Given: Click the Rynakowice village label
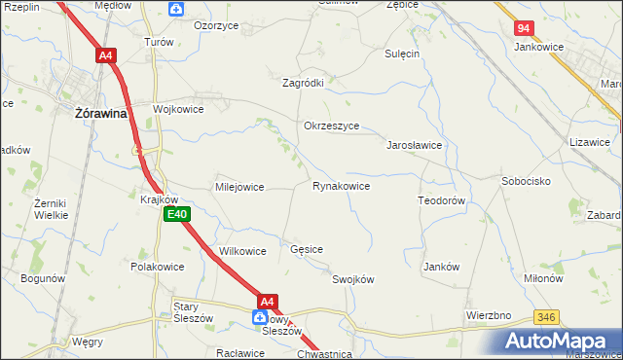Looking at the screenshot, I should (x=340, y=186).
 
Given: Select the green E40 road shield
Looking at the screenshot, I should (x=175, y=214).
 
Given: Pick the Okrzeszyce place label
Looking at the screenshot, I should (x=332, y=126).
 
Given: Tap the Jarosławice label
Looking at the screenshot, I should (x=415, y=144).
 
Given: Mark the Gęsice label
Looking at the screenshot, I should (x=307, y=250).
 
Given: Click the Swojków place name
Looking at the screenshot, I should (x=353, y=279).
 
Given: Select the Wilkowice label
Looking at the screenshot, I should (x=242, y=251).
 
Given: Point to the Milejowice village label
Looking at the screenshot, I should (x=239, y=187).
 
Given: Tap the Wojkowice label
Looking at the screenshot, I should (x=177, y=109).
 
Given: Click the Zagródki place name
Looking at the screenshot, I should (x=303, y=83).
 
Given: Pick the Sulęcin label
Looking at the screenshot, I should (x=401, y=54).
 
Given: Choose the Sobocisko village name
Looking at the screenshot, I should (x=527, y=181).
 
